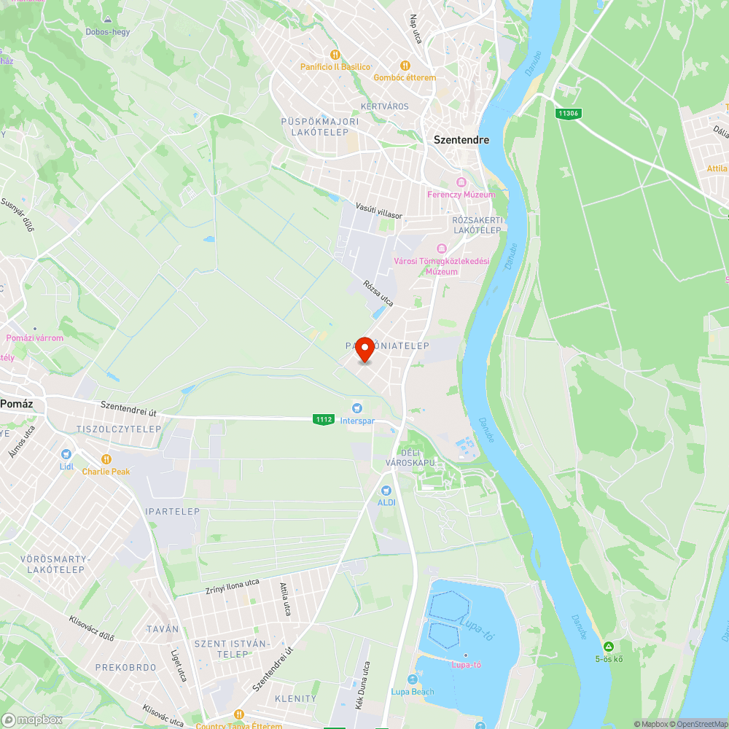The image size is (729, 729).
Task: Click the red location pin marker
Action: [x=364, y=349]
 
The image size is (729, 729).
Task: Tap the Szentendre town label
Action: [x=461, y=139]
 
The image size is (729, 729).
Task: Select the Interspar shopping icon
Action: [x=356, y=408]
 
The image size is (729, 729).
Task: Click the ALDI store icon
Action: [x=386, y=491]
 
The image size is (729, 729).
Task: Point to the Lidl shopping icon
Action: [x=66, y=453]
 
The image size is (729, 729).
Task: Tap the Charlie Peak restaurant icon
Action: [x=106, y=459]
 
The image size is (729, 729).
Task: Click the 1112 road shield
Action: [x=324, y=419]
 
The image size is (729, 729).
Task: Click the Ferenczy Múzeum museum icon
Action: [x=460, y=182]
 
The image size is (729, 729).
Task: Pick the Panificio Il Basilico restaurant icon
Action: [x=335, y=55]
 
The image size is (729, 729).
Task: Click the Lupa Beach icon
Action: [x=413, y=679]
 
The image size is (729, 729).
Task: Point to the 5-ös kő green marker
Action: [x=608, y=647]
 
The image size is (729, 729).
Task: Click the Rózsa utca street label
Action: [x=378, y=292]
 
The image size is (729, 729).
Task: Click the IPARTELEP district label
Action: [x=172, y=512]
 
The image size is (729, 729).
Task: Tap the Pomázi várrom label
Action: [x=35, y=338]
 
